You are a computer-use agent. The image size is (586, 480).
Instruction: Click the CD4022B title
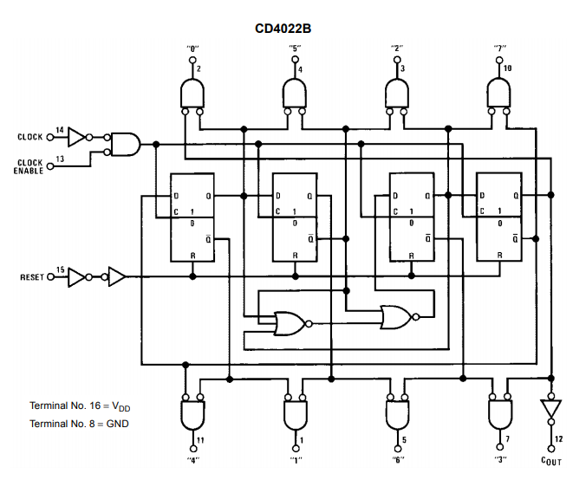tap(283, 29)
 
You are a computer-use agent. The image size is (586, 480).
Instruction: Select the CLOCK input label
tap(29, 137)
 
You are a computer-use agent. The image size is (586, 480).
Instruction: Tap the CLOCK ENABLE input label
tap(29, 166)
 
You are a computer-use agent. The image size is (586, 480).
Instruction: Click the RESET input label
tap(30, 277)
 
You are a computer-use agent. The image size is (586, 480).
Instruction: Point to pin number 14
tap(59, 130)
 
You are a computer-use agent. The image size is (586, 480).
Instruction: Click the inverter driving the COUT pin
tap(549, 407)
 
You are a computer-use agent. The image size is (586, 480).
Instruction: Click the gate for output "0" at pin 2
tap(192, 92)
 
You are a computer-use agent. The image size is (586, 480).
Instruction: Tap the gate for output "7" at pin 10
tap(498, 92)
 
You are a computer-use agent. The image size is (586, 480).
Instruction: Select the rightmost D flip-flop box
tap(498, 217)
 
